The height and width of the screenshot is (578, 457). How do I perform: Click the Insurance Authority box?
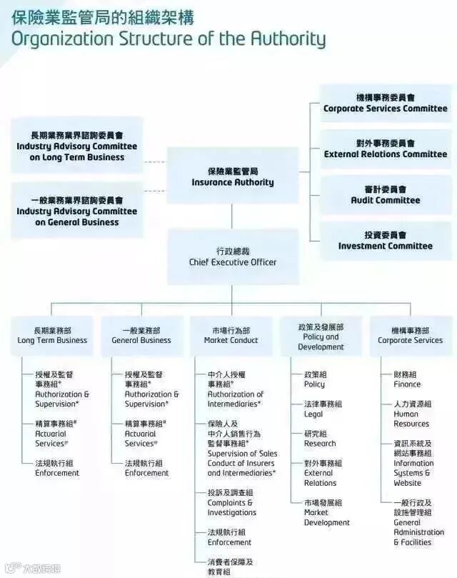click(232, 176)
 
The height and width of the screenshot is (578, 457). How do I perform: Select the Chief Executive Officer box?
click(232, 256)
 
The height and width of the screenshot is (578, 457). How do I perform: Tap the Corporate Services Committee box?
click(385, 103)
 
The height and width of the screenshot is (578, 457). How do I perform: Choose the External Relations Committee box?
click(385, 149)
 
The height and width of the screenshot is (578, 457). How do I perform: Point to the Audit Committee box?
click(385, 195)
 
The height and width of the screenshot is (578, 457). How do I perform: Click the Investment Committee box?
click(385, 241)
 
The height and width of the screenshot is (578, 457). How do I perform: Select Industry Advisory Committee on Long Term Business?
click(76, 146)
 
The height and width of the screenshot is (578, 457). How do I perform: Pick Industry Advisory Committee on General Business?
click(76, 211)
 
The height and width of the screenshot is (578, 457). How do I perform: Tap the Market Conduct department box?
click(231, 336)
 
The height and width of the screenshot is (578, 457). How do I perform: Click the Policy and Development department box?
click(321, 337)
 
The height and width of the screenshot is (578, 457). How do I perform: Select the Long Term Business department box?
click(52, 336)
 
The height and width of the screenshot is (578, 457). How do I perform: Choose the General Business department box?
click(141, 336)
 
